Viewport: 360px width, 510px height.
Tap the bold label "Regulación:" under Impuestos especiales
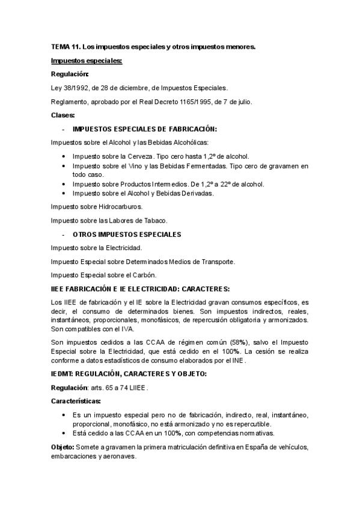click(x=70, y=74)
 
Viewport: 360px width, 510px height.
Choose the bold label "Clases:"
click(x=63, y=115)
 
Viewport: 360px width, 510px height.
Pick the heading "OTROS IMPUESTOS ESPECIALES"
click(x=126, y=233)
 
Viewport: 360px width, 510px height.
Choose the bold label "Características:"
click(x=76, y=401)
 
